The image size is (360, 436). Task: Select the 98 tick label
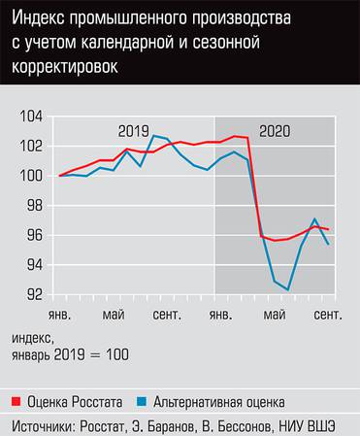pyautogui.click(x=33, y=206)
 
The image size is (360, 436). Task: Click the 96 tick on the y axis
pyautogui.click(x=33, y=235)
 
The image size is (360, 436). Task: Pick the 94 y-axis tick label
pyautogui.click(x=33, y=265)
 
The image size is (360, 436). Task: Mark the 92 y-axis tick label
pyautogui.click(x=33, y=294)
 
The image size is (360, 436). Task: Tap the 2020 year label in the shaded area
pyautogui.click(x=275, y=131)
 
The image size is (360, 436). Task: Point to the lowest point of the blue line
pyautogui.click(x=288, y=288)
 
